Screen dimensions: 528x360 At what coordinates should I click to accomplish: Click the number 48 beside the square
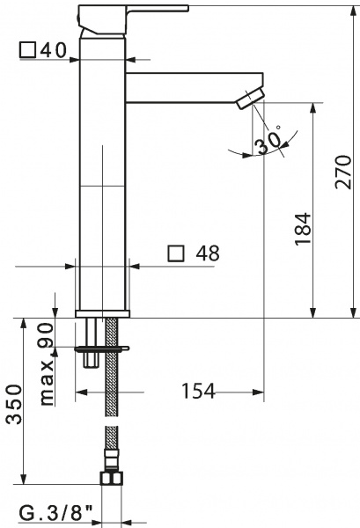pos(207,253)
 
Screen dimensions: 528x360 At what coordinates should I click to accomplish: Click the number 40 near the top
pos(54,49)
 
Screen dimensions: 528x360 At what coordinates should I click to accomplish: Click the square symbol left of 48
pos(175,253)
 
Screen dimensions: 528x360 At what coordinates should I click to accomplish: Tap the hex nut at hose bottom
pos(112,479)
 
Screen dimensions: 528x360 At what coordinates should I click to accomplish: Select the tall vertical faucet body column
pos(103,176)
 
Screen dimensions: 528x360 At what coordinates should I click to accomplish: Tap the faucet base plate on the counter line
pos(103,312)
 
